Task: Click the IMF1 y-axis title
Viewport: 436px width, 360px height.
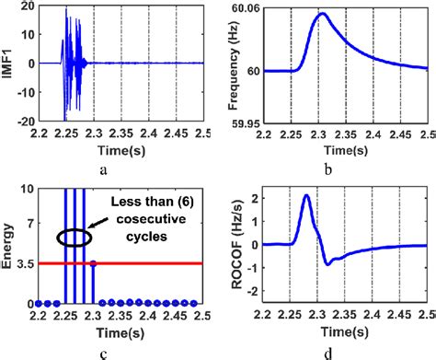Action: (x=7, y=64)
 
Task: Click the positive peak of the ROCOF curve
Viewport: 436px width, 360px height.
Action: (x=306, y=196)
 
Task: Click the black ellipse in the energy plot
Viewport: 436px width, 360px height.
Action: (x=73, y=238)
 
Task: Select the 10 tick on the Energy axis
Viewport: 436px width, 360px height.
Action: (x=28, y=188)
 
